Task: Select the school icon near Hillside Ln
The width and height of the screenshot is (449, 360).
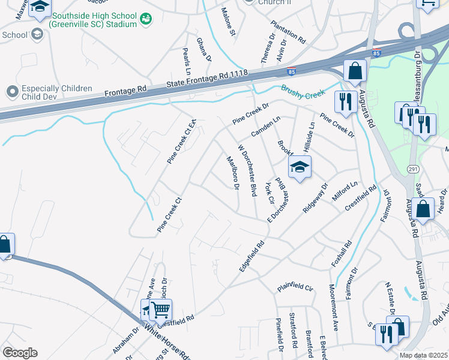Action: click(x=300, y=167)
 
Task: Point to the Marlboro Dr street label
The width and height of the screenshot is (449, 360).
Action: click(x=232, y=172)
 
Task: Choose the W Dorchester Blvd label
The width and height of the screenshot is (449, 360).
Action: click(x=248, y=170)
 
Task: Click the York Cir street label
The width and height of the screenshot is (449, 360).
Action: click(x=270, y=191)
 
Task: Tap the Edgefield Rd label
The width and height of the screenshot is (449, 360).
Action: click(x=252, y=257)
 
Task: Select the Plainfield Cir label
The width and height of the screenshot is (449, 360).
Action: click(x=295, y=288)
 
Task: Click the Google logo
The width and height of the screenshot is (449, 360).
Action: click(x=19, y=352)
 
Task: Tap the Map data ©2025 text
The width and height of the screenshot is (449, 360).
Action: click(x=423, y=355)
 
